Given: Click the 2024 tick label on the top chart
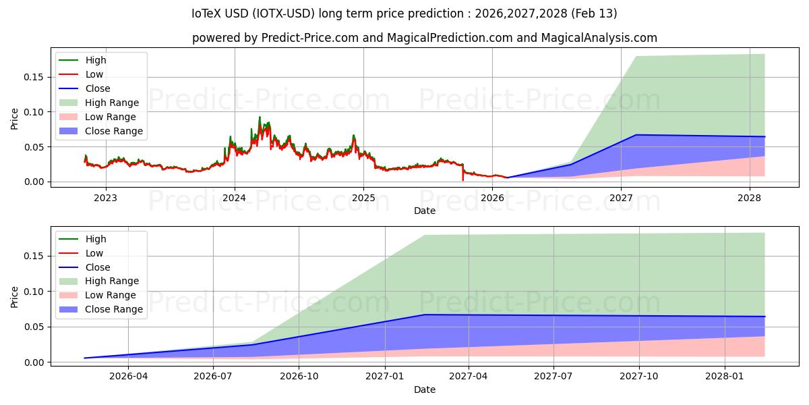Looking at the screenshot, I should pyautogui.click(x=235, y=198).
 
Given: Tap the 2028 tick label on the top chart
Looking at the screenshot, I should pyautogui.click(x=750, y=198).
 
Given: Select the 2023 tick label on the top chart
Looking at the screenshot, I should pyautogui.click(x=105, y=198).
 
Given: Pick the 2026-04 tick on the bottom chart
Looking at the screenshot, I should pyautogui.click(x=128, y=377).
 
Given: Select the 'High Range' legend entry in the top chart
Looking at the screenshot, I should pyautogui.click(x=112, y=103).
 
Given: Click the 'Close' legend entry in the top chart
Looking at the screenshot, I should pyautogui.click(x=98, y=88).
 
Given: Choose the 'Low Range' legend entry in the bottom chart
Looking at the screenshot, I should pyautogui.click(x=111, y=295).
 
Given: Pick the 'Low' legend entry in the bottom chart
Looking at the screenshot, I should pyautogui.click(x=94, y=253).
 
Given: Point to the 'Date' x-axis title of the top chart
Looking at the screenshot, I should pyautogui.click(x=425, y=211).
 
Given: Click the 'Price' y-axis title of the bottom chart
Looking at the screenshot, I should pyautogui.click(x=15, y=297).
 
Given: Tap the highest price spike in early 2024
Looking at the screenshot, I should pyautogui.click(x=260, y=117).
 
